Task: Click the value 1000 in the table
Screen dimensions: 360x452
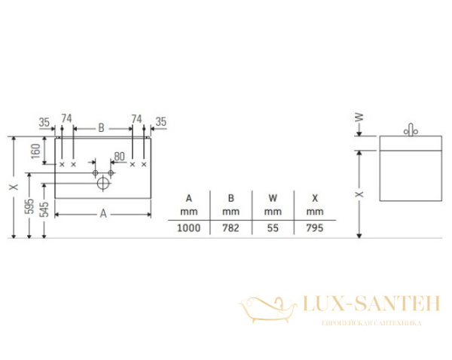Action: (x=188, y=228)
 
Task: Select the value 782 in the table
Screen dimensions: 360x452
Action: (x=231, y=228)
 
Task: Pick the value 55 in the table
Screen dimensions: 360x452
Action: (x=272, y=228)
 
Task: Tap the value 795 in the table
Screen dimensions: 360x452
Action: (x=314, y=228)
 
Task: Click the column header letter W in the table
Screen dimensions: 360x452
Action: (x=272, y=199)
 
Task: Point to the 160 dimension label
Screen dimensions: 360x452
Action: (x=35, y=152)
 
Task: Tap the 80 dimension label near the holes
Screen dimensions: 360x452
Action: (x=118, y=157)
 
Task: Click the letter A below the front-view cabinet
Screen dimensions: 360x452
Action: (x=103, y=214)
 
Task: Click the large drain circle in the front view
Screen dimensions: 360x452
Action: (x=103, y=181)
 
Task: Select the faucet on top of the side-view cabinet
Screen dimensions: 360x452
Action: (x=411, y=130)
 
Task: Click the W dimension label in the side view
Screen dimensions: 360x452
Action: (x=360, y=117)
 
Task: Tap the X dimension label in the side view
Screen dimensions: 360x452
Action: (x=360, y=194)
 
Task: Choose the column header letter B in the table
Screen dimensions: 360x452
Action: (x=231, y=199)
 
